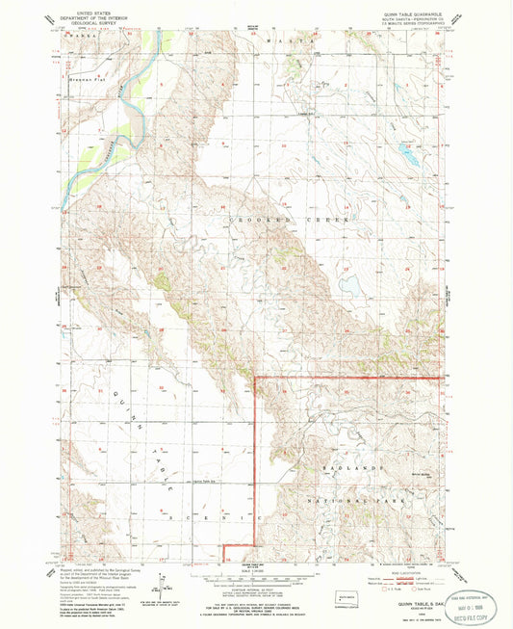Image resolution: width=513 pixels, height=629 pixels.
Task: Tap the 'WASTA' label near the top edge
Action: [307, 43]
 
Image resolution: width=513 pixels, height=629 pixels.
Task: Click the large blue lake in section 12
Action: [408, 152]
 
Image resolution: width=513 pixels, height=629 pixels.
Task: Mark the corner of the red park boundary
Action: [255, 378]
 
